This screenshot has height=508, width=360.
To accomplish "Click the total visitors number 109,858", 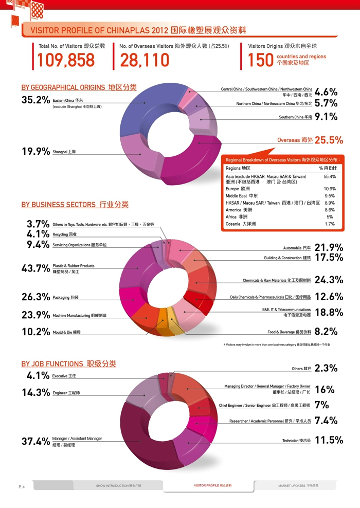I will click(66, 61).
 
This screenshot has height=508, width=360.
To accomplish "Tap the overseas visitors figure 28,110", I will click(145, 61).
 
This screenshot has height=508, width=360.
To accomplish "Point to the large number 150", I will click(260, 61).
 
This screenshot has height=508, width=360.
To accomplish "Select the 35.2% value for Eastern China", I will click(35, 100).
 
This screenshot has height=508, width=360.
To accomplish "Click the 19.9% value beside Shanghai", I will click(35, 152).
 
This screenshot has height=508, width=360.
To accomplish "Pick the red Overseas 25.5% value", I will click(329, 140).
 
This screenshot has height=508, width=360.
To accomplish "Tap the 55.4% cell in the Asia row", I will click(329, 176).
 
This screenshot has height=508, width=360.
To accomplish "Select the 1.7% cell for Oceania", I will click(330, 224).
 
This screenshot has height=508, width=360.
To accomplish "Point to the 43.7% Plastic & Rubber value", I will click(35, 268).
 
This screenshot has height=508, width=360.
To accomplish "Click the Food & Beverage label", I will click(289, 332).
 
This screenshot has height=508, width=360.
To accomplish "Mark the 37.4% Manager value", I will click(35, 442).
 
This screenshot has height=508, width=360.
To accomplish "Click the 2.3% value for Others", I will click(326, 368).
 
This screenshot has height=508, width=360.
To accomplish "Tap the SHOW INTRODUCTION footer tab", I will click(118, 485).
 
